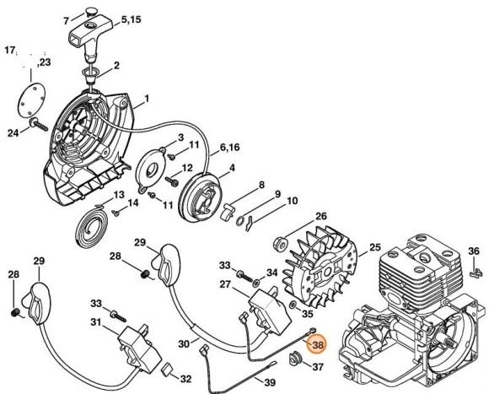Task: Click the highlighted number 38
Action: point(317,344)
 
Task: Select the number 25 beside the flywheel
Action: point(374,247)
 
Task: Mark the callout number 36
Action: point(474,251)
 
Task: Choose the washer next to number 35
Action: point(291,301)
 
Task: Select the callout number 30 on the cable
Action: point(183,343)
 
